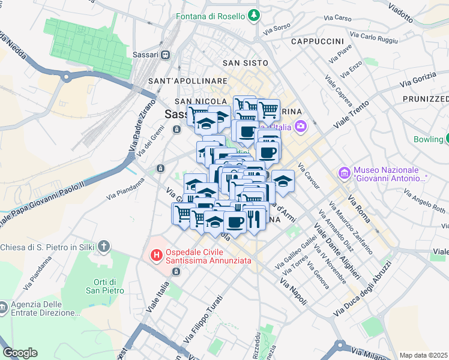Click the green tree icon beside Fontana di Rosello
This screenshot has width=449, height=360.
[x=255, y=15]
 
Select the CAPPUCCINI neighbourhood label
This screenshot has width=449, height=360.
[x=317, y=41]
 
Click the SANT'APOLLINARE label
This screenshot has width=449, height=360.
[x=179, y=80]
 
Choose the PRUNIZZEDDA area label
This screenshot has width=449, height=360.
[x=426, y=98]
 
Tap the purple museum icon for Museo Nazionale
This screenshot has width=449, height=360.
[x=344, y=173]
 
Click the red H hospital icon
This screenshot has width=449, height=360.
[x=157, y=256]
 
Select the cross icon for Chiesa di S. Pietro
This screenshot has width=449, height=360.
[x=104, y=246]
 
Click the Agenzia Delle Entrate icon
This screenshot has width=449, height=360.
[x=4, y=308]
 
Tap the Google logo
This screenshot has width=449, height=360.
[x=20, y=353]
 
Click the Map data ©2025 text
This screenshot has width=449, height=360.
[x=424, y=355]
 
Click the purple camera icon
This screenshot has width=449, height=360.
[x=301, y=126]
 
